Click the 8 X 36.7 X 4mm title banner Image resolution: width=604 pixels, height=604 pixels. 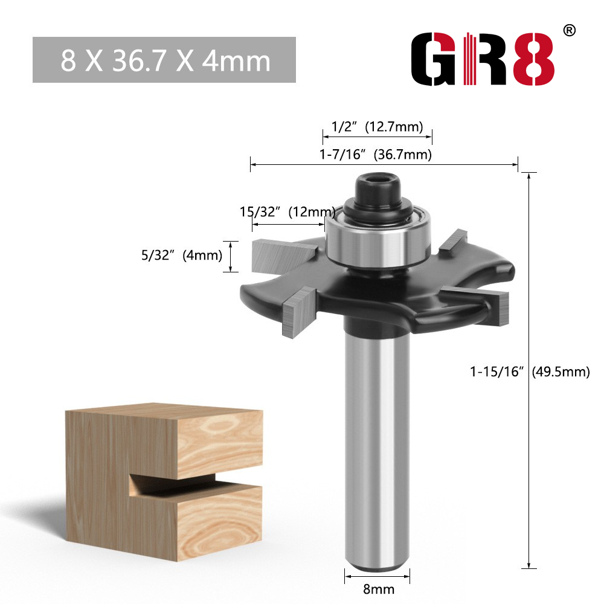164,60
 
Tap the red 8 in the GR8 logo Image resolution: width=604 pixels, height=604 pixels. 534,59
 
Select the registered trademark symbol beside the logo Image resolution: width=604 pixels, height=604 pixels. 570,30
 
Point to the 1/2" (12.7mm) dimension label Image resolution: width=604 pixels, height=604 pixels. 377,126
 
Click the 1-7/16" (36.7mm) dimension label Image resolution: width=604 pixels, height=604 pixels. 376,155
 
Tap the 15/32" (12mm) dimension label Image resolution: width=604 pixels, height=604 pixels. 288,211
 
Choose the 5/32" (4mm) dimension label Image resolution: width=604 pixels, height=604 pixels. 181,255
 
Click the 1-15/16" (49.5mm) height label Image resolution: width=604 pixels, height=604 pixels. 530,371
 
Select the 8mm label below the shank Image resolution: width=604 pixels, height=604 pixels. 379,589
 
